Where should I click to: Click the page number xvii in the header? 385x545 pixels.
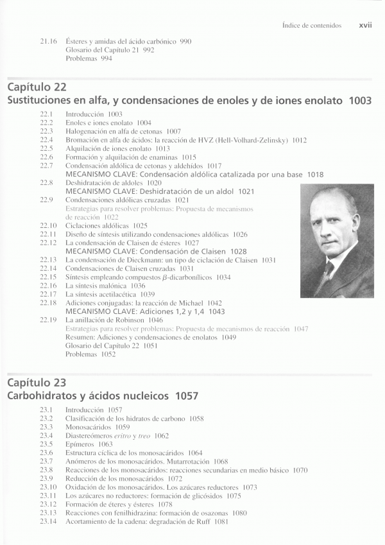[366, 26]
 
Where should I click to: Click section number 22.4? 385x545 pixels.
[46, 139]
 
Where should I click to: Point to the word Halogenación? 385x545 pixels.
[87, 131]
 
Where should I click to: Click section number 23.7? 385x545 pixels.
[46, 462]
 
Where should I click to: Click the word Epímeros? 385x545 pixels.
[80, 444]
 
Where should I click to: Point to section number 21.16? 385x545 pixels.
[48, 42]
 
